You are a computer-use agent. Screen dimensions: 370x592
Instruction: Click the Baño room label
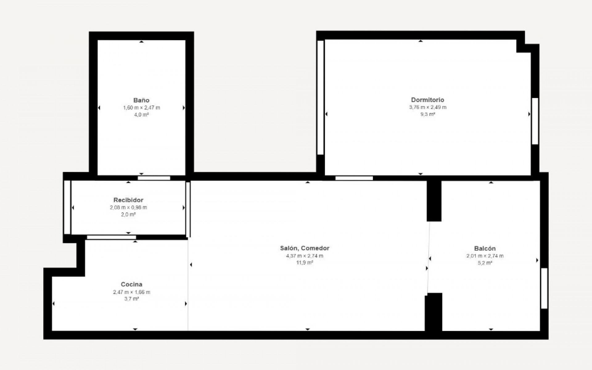[141, 100]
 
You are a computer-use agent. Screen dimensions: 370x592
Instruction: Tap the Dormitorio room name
[427, 100]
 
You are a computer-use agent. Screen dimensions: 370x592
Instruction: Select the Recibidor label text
[128, 200]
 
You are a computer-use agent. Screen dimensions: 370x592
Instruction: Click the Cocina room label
[131, 284]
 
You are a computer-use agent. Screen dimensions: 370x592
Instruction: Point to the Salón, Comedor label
[305, 248]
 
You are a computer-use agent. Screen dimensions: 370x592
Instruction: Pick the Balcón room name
[485, 249]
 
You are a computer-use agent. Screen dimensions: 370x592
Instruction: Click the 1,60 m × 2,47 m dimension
[142, 108]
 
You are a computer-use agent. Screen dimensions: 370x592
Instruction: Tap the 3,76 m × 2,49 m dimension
[427, 107]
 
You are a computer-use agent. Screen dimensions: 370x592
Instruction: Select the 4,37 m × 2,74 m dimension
[305, 256]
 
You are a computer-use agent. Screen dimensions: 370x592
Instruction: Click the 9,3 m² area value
[427, 114]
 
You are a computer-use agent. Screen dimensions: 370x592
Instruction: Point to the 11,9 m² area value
[305, 263]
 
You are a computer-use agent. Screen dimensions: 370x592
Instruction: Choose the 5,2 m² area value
[485, 263]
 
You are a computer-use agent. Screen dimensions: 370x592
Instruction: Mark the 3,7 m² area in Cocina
[131, 299]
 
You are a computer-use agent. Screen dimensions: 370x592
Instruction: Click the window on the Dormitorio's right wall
[535, 121]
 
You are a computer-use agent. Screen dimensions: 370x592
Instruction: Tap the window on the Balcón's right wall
[544, 288]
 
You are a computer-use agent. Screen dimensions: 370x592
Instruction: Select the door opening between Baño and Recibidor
[154, 178]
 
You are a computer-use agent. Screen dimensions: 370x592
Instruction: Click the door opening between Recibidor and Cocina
[111, 237]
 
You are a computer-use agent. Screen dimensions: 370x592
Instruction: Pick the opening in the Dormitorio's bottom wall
[354, 178]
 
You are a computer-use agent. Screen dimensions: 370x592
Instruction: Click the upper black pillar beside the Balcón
[434, 201]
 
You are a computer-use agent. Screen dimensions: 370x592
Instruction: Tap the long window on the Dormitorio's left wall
[320, 97]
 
